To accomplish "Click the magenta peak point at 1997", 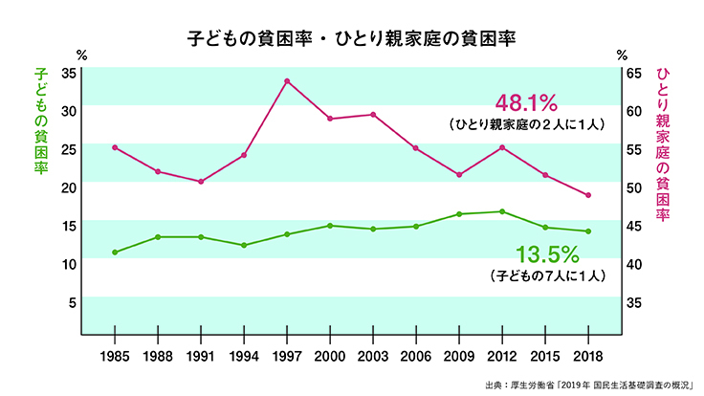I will pyautogui.click(x=287, y=80).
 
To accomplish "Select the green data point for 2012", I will pyautogui.click(x=502, y=211).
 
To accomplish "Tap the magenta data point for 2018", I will pyautogui.click(x=588, y=195).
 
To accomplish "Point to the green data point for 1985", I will pyautogui.click(x=115, y=253).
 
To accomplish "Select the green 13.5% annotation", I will pyautogui.click(x=548, y=254).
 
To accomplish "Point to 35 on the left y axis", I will pyautogui.click(x=68, y=73).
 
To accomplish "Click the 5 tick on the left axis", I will pyautogui.click(x=71, y=303).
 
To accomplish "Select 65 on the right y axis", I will pyautogui.click(x=633, y=73).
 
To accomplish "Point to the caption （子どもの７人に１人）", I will pyautogui.click(x=548, y=276).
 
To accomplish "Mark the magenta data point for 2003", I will pyautogui.click(x=373, y=115).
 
